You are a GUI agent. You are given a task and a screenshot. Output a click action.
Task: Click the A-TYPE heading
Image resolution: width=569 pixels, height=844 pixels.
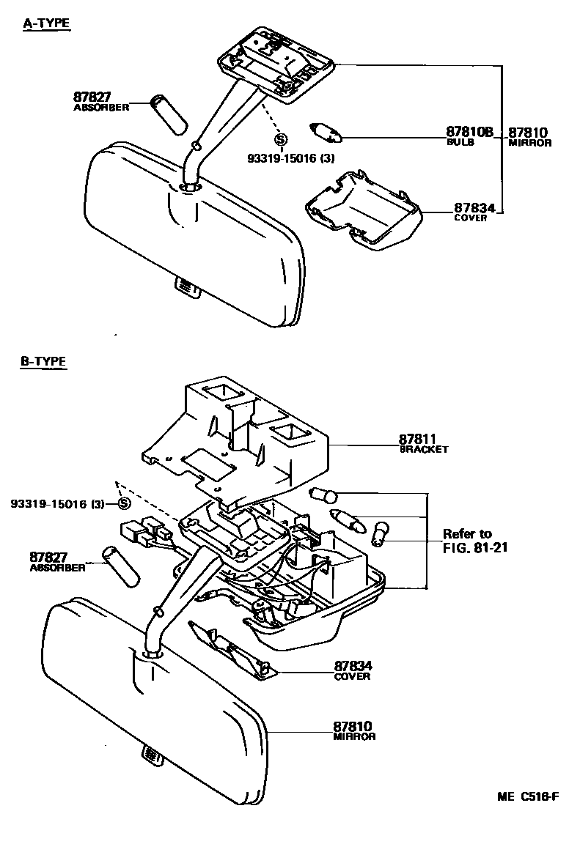47,23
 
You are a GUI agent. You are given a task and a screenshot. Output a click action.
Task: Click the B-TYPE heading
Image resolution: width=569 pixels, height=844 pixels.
43,361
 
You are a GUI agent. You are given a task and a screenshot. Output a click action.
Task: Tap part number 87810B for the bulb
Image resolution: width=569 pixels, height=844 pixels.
470,133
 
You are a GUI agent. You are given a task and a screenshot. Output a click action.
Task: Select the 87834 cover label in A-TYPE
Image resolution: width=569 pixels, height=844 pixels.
470,208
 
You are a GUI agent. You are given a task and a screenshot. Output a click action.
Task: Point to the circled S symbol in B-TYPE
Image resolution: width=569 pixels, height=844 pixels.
123,503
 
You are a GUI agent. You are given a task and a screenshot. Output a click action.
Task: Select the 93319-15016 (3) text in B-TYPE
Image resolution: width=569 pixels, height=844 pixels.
57,504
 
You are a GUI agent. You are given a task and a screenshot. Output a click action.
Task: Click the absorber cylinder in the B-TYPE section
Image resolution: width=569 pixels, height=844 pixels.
120,566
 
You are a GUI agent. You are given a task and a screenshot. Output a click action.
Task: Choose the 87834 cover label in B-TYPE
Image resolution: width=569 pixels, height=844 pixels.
353,667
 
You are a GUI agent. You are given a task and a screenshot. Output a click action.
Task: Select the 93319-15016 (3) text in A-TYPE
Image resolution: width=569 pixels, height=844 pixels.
291,157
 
